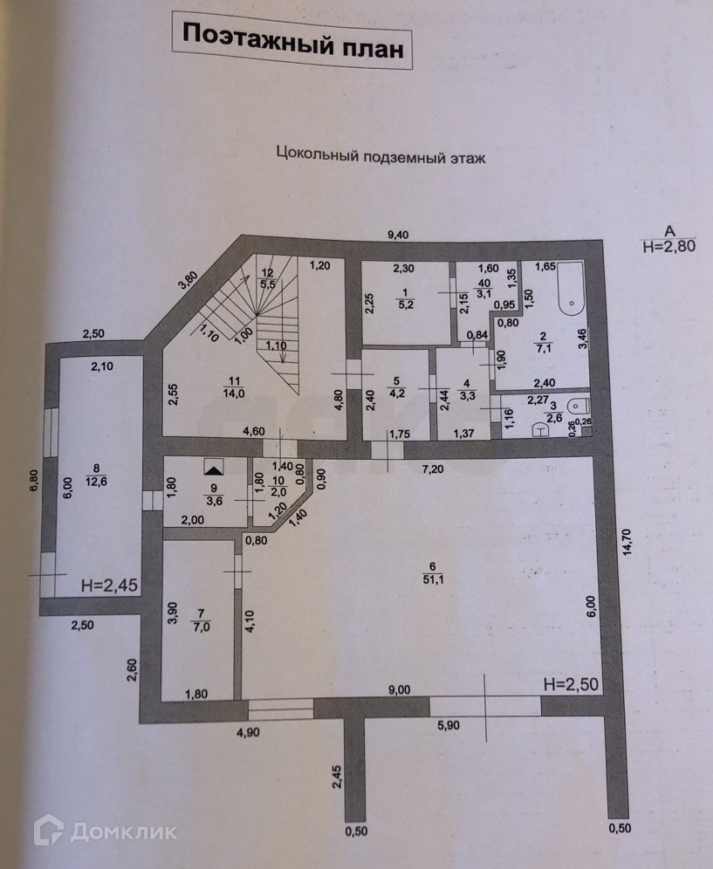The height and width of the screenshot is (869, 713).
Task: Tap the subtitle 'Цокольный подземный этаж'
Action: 380,156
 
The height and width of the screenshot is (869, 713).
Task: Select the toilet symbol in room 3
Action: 576,406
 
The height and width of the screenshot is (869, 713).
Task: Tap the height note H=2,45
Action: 108,585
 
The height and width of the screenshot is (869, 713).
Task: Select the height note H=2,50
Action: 571,683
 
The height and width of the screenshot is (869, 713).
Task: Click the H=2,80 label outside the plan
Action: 669,247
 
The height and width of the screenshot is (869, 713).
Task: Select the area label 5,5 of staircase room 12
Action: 268,284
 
